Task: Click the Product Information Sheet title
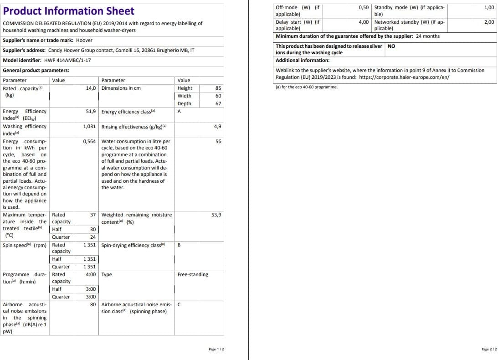[x=68, y=11]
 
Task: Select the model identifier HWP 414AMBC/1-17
[x=67, y=60]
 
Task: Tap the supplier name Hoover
[x=84, y=40]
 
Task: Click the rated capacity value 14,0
[x=91, y=88]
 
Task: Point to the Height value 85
[x=218, y=88]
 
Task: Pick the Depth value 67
[x=218, y=103]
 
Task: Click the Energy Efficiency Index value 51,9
[x=91, y=111]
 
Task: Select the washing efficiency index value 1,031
[x=89, y=126]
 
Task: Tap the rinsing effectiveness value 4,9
[x=217, y=126]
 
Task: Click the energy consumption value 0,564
[x=89, y=141]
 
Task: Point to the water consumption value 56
[x=218, y=141]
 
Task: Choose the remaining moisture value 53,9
[x=216, y=215]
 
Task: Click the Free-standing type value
[x=193, y=274]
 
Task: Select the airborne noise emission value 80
[x=93, y=304]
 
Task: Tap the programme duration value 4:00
[x=91, y=274]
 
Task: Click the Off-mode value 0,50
[x=364, y=7]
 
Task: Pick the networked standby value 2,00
[x=489, y=22]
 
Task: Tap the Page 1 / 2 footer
[x=216, y=349]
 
